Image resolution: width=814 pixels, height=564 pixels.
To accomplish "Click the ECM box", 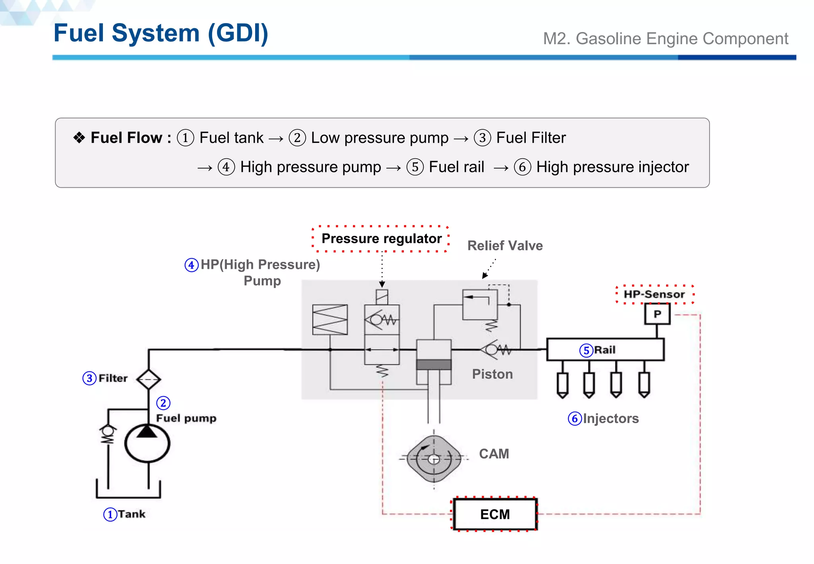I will [494, 514].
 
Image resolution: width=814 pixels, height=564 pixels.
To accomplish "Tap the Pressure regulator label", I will [381, 239].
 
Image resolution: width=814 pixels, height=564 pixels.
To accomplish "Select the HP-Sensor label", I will [654, 294].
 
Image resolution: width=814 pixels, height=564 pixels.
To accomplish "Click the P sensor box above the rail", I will [657, 314].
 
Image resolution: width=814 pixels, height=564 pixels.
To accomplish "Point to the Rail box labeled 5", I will [605, 350].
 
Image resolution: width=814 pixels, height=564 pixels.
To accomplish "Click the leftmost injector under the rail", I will [562, 384].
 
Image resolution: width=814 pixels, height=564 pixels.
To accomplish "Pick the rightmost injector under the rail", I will [644, 384].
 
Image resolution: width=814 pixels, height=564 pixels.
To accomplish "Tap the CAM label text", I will [494, 454].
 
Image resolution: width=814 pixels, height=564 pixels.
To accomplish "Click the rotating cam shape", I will [434, 459].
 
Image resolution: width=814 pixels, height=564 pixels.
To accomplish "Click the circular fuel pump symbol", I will [147, 443].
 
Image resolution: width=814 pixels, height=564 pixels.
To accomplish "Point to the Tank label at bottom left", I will [131, 514].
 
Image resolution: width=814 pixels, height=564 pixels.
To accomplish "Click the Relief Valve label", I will [505, 246].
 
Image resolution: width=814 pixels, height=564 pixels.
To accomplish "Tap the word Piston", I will [492, 374].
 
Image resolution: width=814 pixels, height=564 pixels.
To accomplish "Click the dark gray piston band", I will [434, 365].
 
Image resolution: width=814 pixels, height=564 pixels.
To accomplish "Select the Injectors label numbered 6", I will [610, 418].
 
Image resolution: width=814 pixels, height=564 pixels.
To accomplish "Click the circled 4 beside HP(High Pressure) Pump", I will [192, 265].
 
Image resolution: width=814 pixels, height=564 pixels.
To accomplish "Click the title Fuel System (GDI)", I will [161, 33].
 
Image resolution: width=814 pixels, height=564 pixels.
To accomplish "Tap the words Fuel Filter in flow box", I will [531, 138].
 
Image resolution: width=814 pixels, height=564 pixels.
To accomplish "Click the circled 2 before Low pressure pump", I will [297, 138].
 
